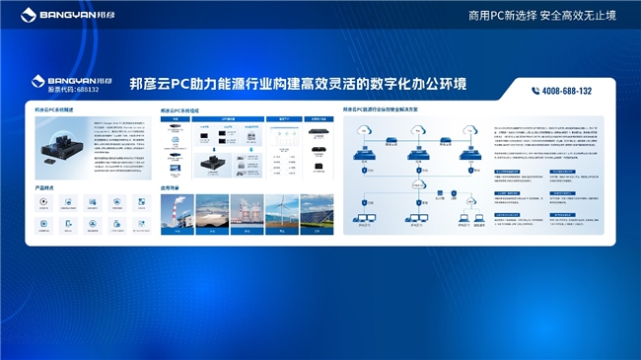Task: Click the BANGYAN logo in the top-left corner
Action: (x=49, y=16)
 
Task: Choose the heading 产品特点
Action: (x=43, y=186)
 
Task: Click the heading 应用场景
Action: (x=170, y=186)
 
